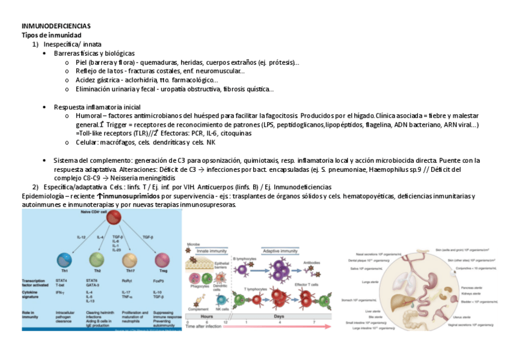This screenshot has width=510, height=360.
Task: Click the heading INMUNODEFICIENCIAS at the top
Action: click(x=56, y=26)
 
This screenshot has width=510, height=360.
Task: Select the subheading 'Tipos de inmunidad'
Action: click(x=51, y=35)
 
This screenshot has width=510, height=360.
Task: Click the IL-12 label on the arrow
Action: click(x=81, y=238)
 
